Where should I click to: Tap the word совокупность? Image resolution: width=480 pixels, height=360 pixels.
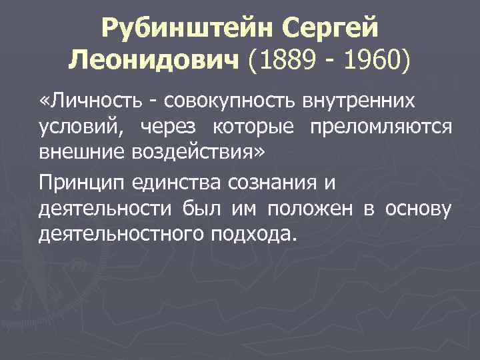click(x=222, y=101)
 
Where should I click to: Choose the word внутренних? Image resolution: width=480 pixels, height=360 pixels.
click(x=358, y=101)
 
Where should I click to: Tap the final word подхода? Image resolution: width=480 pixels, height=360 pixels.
click(x=261, y=235)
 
